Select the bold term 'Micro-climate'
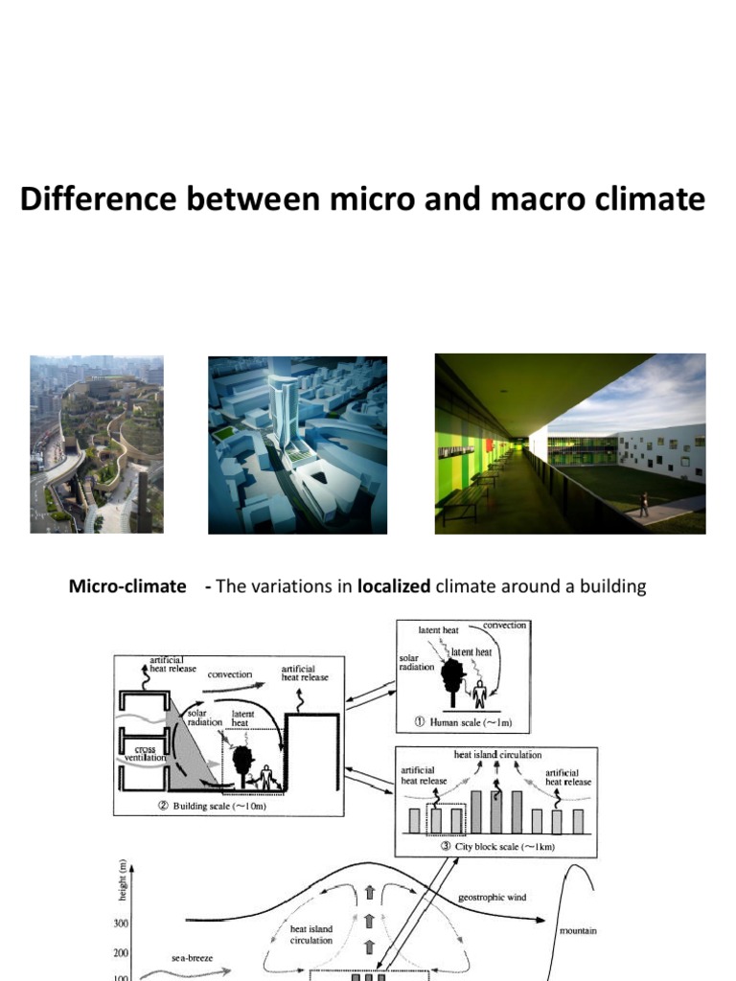pos(127,586)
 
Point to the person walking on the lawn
pos(644,504)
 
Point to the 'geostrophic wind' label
pos(492,898)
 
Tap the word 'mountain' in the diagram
pos(579,930)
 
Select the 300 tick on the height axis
pos(123,924)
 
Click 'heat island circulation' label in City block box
pos(498,755)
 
